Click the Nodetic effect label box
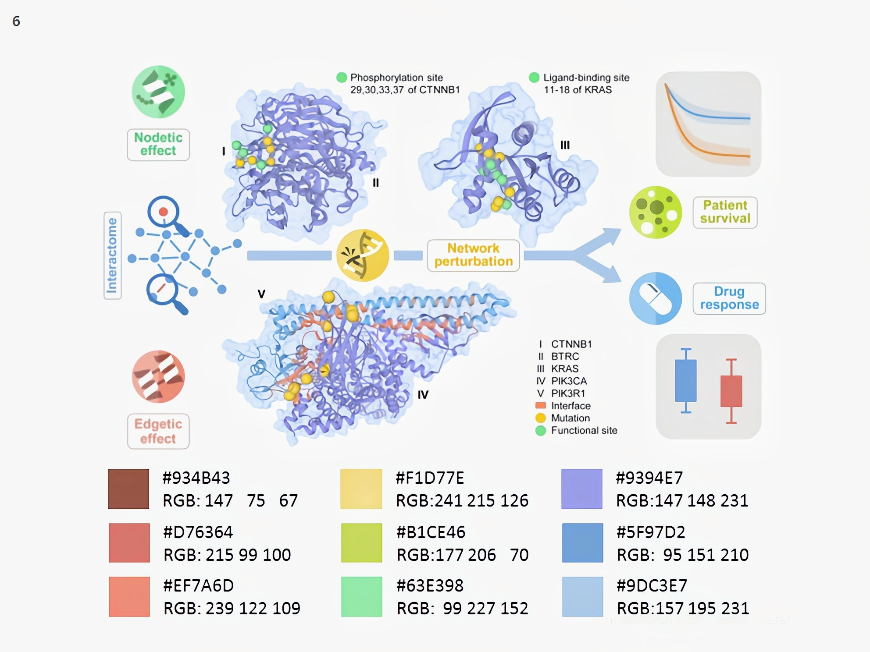158,145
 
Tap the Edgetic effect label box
158,431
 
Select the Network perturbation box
473,255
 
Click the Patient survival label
725,212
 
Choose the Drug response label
729,298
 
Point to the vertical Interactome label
112,255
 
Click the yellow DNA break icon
362,255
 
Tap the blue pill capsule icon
655,298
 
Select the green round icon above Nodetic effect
158,92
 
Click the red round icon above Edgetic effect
158,377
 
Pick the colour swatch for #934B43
128,489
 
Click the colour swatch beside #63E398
361,597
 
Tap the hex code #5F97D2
651,532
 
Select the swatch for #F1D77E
361,489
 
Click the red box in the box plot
731,391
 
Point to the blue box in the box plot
686,380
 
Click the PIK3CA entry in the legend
569,381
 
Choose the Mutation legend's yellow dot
541,418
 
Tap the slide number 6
16,21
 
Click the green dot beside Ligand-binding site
534,78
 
